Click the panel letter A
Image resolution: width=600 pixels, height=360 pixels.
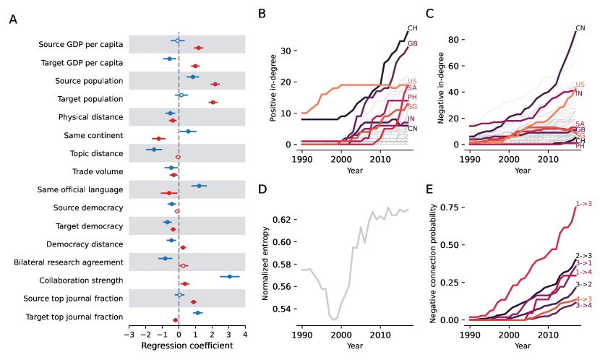point(13,20)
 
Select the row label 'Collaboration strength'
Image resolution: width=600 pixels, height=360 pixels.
point(81,280)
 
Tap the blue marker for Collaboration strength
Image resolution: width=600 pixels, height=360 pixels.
point(230,276)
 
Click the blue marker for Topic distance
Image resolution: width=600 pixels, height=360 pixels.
point(153,150)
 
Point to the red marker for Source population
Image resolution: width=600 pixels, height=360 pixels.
point(215,85)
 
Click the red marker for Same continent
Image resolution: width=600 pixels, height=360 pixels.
point(158,138)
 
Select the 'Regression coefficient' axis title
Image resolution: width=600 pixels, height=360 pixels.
point(187,346)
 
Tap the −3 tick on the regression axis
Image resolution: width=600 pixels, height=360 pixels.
point(129,334)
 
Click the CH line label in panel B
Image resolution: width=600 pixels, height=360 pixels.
point(413,28)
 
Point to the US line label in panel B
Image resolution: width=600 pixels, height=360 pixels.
point(412,81)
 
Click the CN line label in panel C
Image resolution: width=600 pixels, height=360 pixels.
point(580,28)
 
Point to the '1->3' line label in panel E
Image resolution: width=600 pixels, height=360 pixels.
point(583,205)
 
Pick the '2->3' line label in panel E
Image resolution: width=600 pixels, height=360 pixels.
point(583,256)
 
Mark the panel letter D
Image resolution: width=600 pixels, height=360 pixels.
point(262,190)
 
